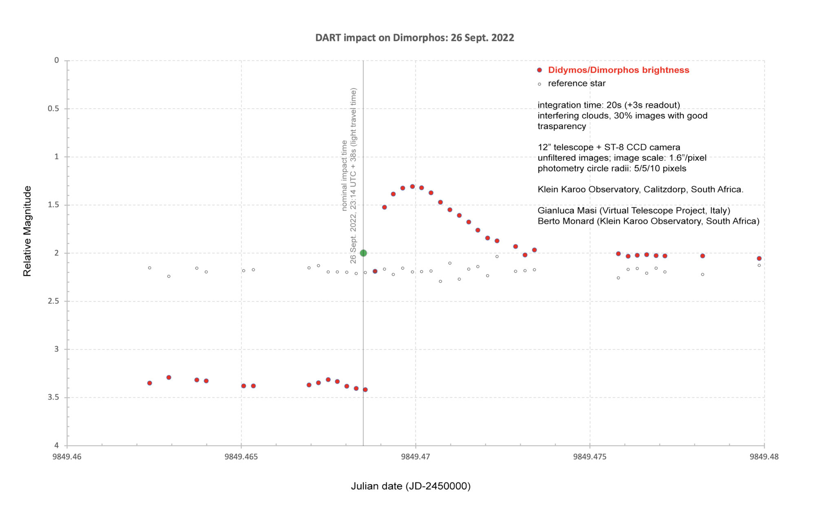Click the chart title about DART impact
(415, 38)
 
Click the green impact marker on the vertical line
(363, 253)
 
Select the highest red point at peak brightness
(412, 186)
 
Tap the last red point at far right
(759, 258)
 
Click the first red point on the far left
(150, 383)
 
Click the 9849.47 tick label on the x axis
(415, 457)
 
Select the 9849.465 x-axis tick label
(241, 457)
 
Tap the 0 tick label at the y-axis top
(57, 60)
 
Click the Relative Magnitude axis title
(27, 231)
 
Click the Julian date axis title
(411, 486)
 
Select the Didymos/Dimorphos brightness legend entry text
(619, 70)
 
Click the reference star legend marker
(539, 84)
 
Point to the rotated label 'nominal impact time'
(344, 176)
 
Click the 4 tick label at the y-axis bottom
(57, 445)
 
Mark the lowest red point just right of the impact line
(365, 390)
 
